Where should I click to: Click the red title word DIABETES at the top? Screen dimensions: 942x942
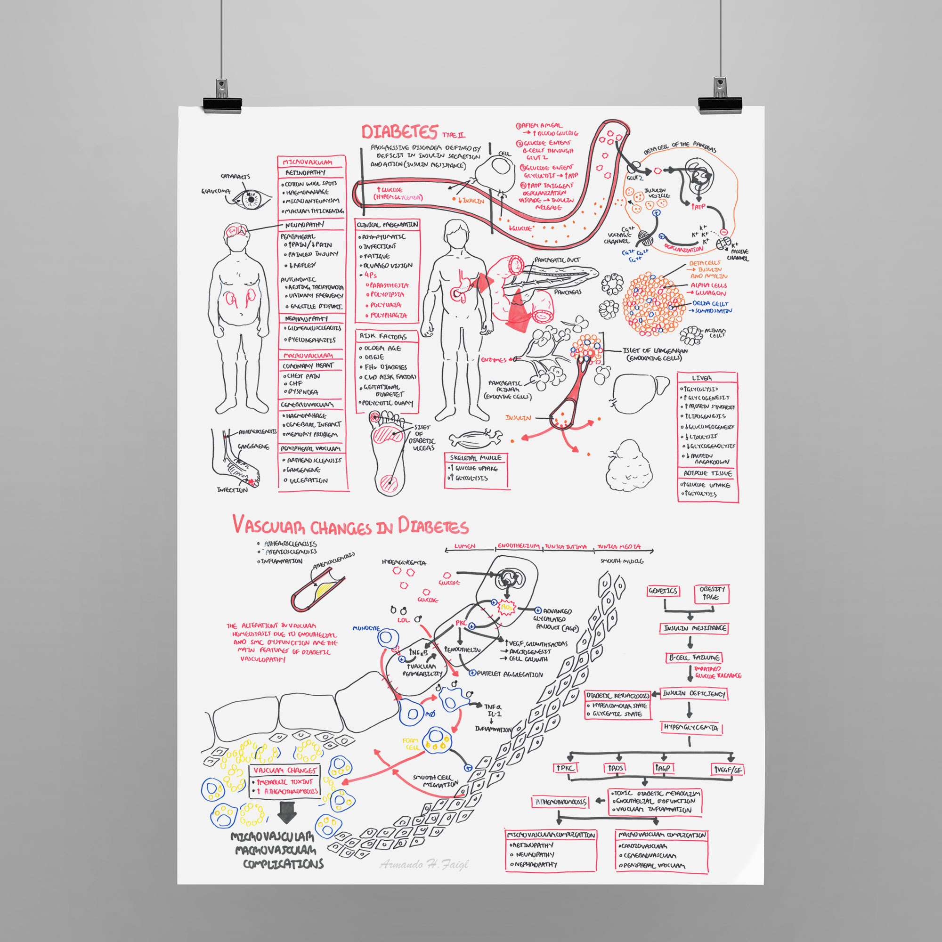pyautogui.click(x=399, y=132)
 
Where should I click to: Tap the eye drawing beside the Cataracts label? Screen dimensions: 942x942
pyautogui.click(x=251, y=199)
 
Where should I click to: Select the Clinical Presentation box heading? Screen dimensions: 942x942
pyautogui.click(x=387, y=225)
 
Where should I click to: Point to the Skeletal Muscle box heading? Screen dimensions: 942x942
pyautogui.click(x=475, y=458)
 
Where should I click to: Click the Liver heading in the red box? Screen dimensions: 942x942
pyautogui.click(x=701, y=378)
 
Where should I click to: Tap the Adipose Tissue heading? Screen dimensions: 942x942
pyautogui.click(x=707, y=473)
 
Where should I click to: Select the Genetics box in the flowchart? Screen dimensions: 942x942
pyautogui.click(x=663, y=591)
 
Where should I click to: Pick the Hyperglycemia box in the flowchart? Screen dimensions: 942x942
pyautogui.click(x=691, y=728)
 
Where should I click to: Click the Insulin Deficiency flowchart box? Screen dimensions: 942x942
pyautogui.click(x=694, y=693)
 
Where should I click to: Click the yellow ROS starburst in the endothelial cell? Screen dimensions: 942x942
pyautogui.click(x=507, y=607)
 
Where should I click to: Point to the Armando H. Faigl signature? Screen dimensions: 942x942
pyautogui.click(x=423, y=864)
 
